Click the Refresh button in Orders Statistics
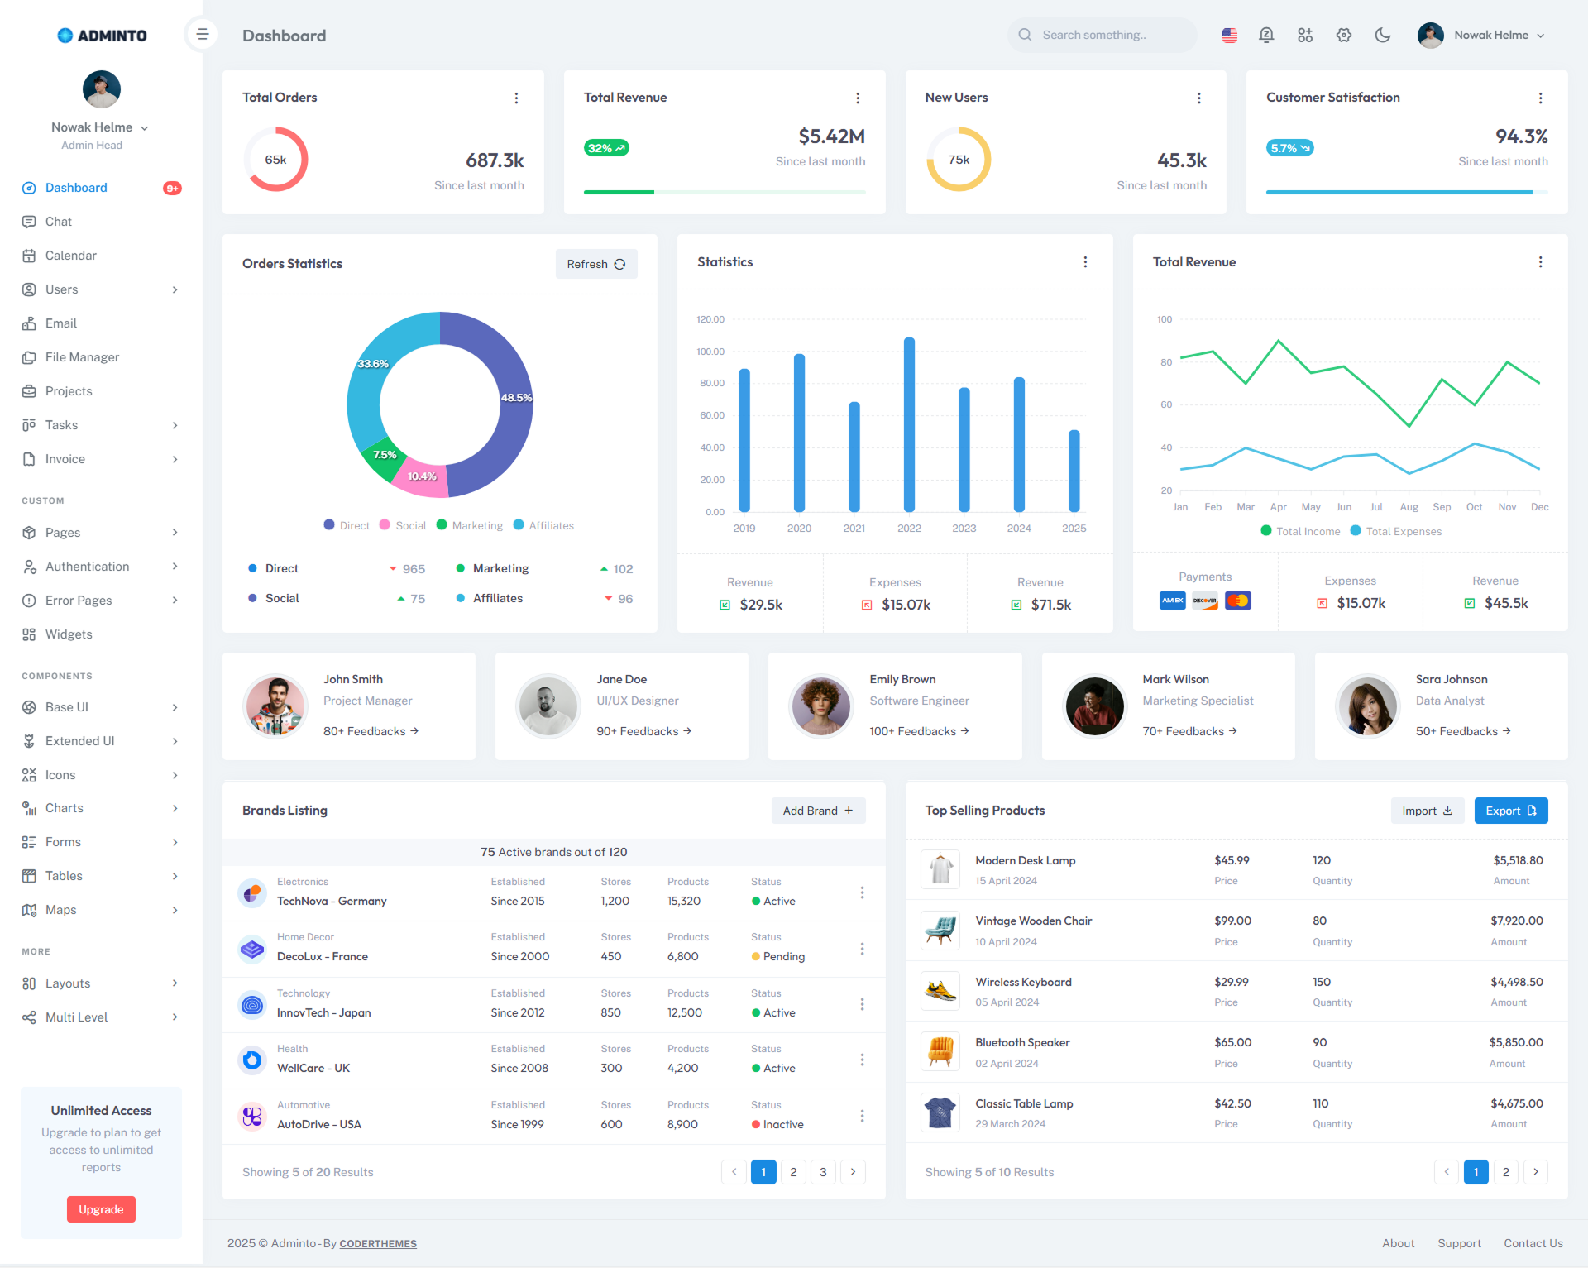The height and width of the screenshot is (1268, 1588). click(x=595, y=264)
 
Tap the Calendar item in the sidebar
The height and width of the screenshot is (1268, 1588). click(x=70, y=256)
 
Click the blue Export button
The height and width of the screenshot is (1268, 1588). click(x=1510, y=811)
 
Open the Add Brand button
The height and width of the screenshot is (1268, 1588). click(x=817, y=811)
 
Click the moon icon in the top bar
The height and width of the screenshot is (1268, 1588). click(x=1382, y=35)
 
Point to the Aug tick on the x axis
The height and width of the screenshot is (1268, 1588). click(x=1409, y=507)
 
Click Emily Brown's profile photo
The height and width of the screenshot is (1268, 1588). click(x=820, y=706)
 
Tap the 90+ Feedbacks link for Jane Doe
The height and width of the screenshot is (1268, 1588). click(x=643, y=731)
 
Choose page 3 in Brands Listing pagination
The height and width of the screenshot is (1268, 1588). click(x=823, y=1172)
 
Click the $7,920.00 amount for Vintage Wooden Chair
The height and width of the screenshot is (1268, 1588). click(x=1516, y=921)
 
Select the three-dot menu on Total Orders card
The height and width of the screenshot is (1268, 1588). click(x=516, y=98)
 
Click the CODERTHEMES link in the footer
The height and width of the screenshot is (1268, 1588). click(x=378, y=1244)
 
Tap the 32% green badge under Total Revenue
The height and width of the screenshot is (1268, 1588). click(x=606, y=148)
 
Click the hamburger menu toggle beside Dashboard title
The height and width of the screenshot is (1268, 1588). click(x=202, y=35)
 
